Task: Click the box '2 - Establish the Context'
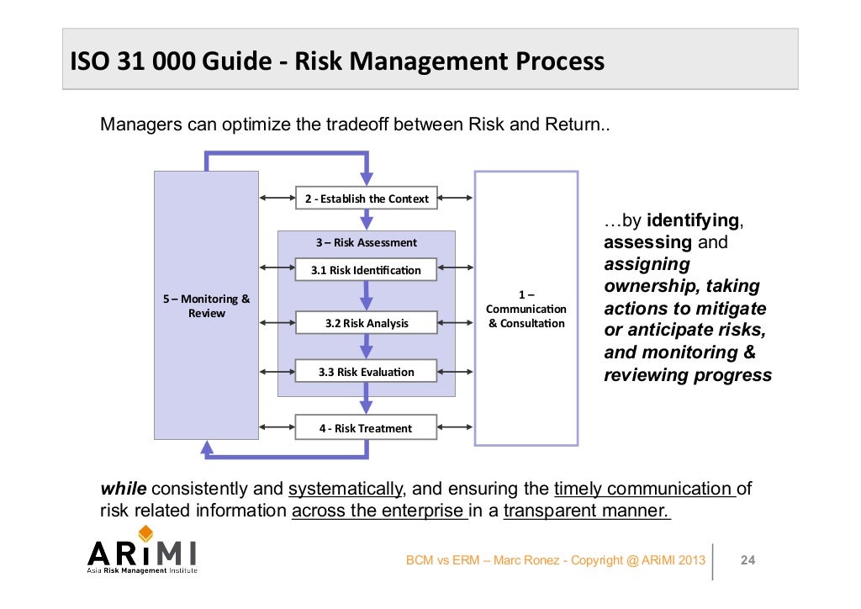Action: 366,199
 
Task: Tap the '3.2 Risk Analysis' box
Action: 366,323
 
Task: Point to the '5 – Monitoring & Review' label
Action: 206,306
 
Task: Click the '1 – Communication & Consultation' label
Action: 526,309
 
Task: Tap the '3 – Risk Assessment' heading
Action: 366,242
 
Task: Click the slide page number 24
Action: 747,560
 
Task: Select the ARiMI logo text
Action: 142,553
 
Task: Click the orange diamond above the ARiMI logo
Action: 145,532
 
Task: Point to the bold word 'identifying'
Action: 692,221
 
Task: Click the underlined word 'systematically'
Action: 346,490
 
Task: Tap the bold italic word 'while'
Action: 124,490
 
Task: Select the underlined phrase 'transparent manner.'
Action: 586,511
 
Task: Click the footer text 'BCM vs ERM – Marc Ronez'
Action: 486,560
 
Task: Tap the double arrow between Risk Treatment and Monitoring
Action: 277,428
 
